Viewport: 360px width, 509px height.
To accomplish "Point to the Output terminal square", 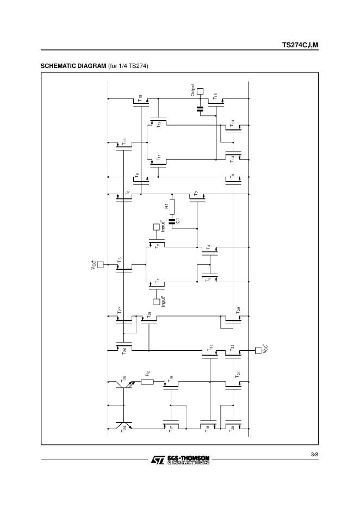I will pyautogui.click(x=200, y=91).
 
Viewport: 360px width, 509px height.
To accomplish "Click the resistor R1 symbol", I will pyautogui.click(x=172, y=207).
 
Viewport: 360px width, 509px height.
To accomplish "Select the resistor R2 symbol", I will pyautogui.click(x=147, y=382).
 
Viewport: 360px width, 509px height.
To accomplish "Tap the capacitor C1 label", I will pyautogui.click(x=178, y=221).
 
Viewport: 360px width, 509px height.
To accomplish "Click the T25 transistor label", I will pyautogui.click(x=125, y=377).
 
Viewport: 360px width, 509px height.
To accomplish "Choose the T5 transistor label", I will pyautogui.click(x=120, y=260).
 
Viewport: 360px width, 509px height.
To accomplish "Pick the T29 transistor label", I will pyautogui.click(x=238, y=311).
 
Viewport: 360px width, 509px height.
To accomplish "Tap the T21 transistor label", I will pyautogui.click(x=238, y=375).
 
